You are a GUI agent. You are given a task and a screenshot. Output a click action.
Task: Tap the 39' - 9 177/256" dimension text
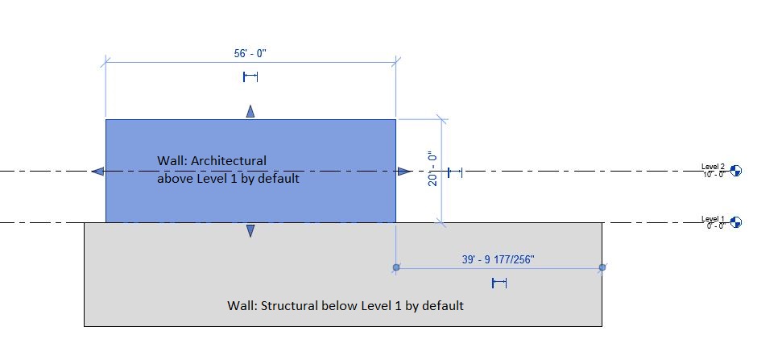499,259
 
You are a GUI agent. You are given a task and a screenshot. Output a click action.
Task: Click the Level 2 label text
713,167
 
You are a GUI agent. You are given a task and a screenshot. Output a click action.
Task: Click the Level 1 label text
713,219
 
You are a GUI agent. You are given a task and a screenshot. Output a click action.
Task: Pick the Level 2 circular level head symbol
735,171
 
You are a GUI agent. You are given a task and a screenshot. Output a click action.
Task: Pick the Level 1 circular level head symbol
735,222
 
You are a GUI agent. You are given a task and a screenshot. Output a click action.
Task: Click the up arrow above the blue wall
250,111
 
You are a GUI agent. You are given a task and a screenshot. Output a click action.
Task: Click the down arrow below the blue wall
250,231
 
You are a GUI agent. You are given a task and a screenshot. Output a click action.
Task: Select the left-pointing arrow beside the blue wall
97,171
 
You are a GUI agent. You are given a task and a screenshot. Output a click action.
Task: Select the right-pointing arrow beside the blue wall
404,171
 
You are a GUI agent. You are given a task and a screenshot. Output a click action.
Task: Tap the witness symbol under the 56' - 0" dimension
250,77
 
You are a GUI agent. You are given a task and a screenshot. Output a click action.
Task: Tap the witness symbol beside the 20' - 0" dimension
455,172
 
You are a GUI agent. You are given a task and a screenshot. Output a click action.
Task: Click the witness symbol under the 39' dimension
499,283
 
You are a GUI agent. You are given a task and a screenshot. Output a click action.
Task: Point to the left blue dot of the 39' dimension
396,267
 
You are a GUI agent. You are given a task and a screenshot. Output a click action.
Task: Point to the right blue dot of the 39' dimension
602,267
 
